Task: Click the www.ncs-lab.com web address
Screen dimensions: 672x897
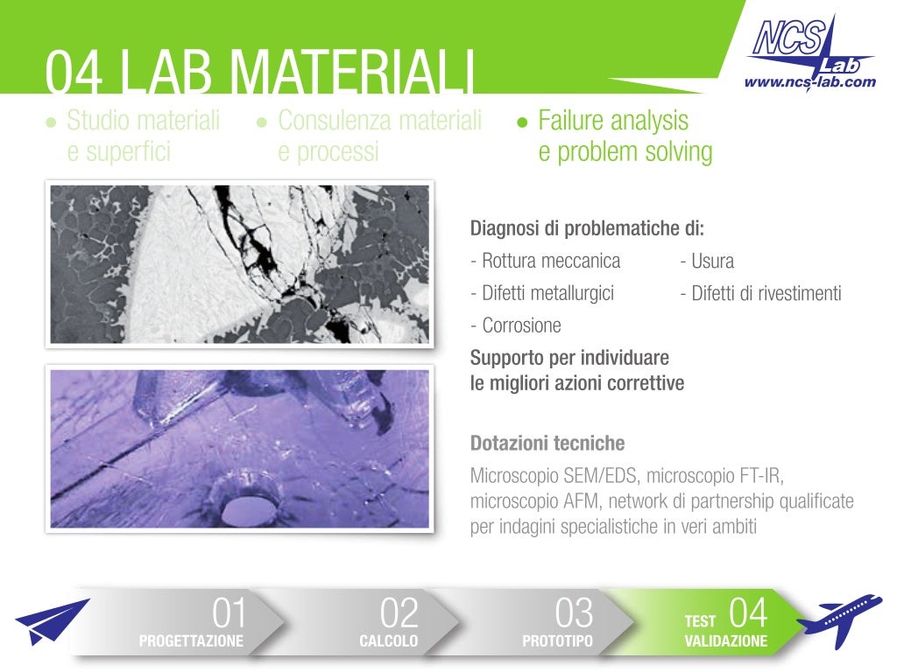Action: point(809,81)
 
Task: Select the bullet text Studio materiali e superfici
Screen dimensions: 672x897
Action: point(143,136)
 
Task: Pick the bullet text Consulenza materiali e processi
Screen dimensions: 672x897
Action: point(378,136)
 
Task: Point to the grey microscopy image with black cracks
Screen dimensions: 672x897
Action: point(239,263)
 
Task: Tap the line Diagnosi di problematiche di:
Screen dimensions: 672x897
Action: point(587,229)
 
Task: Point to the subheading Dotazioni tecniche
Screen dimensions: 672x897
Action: point(547,443)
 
